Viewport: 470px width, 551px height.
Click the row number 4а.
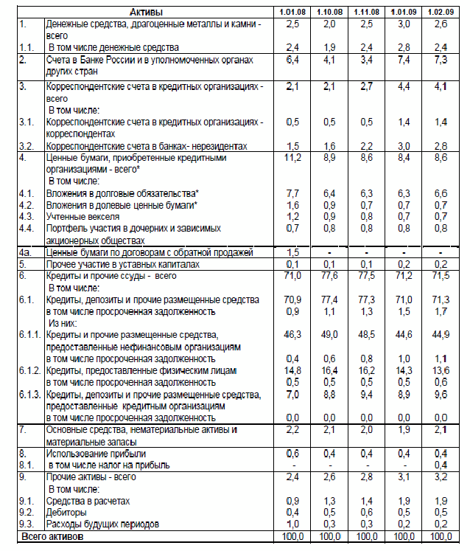coord(24,252)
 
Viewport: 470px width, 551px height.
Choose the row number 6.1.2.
coord(30,370)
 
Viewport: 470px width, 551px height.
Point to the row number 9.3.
coord(26,523)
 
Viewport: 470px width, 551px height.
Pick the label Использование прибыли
coord(97,452)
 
